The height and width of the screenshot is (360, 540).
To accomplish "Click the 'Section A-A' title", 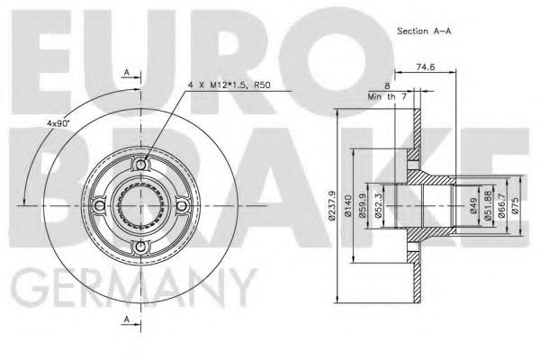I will point(424,31).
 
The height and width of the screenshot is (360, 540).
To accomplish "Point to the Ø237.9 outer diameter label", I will point(332,206).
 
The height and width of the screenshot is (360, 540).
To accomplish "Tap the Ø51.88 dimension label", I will point(488,206).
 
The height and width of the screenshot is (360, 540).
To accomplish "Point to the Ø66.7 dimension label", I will point(500,206).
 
